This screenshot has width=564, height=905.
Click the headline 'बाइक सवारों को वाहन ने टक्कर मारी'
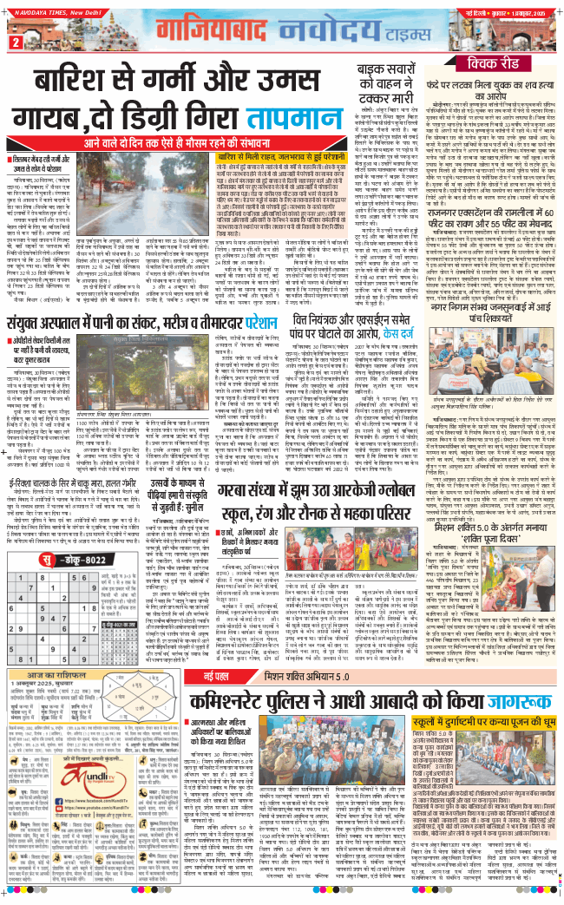coord(381,83)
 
